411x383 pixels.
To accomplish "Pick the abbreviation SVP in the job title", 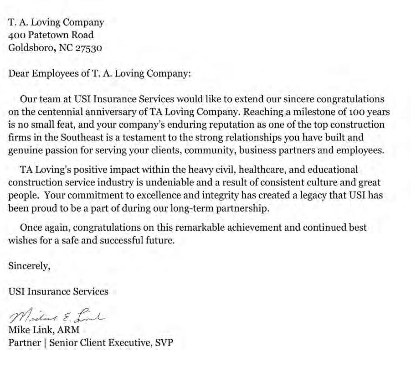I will tap(164, 342).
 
